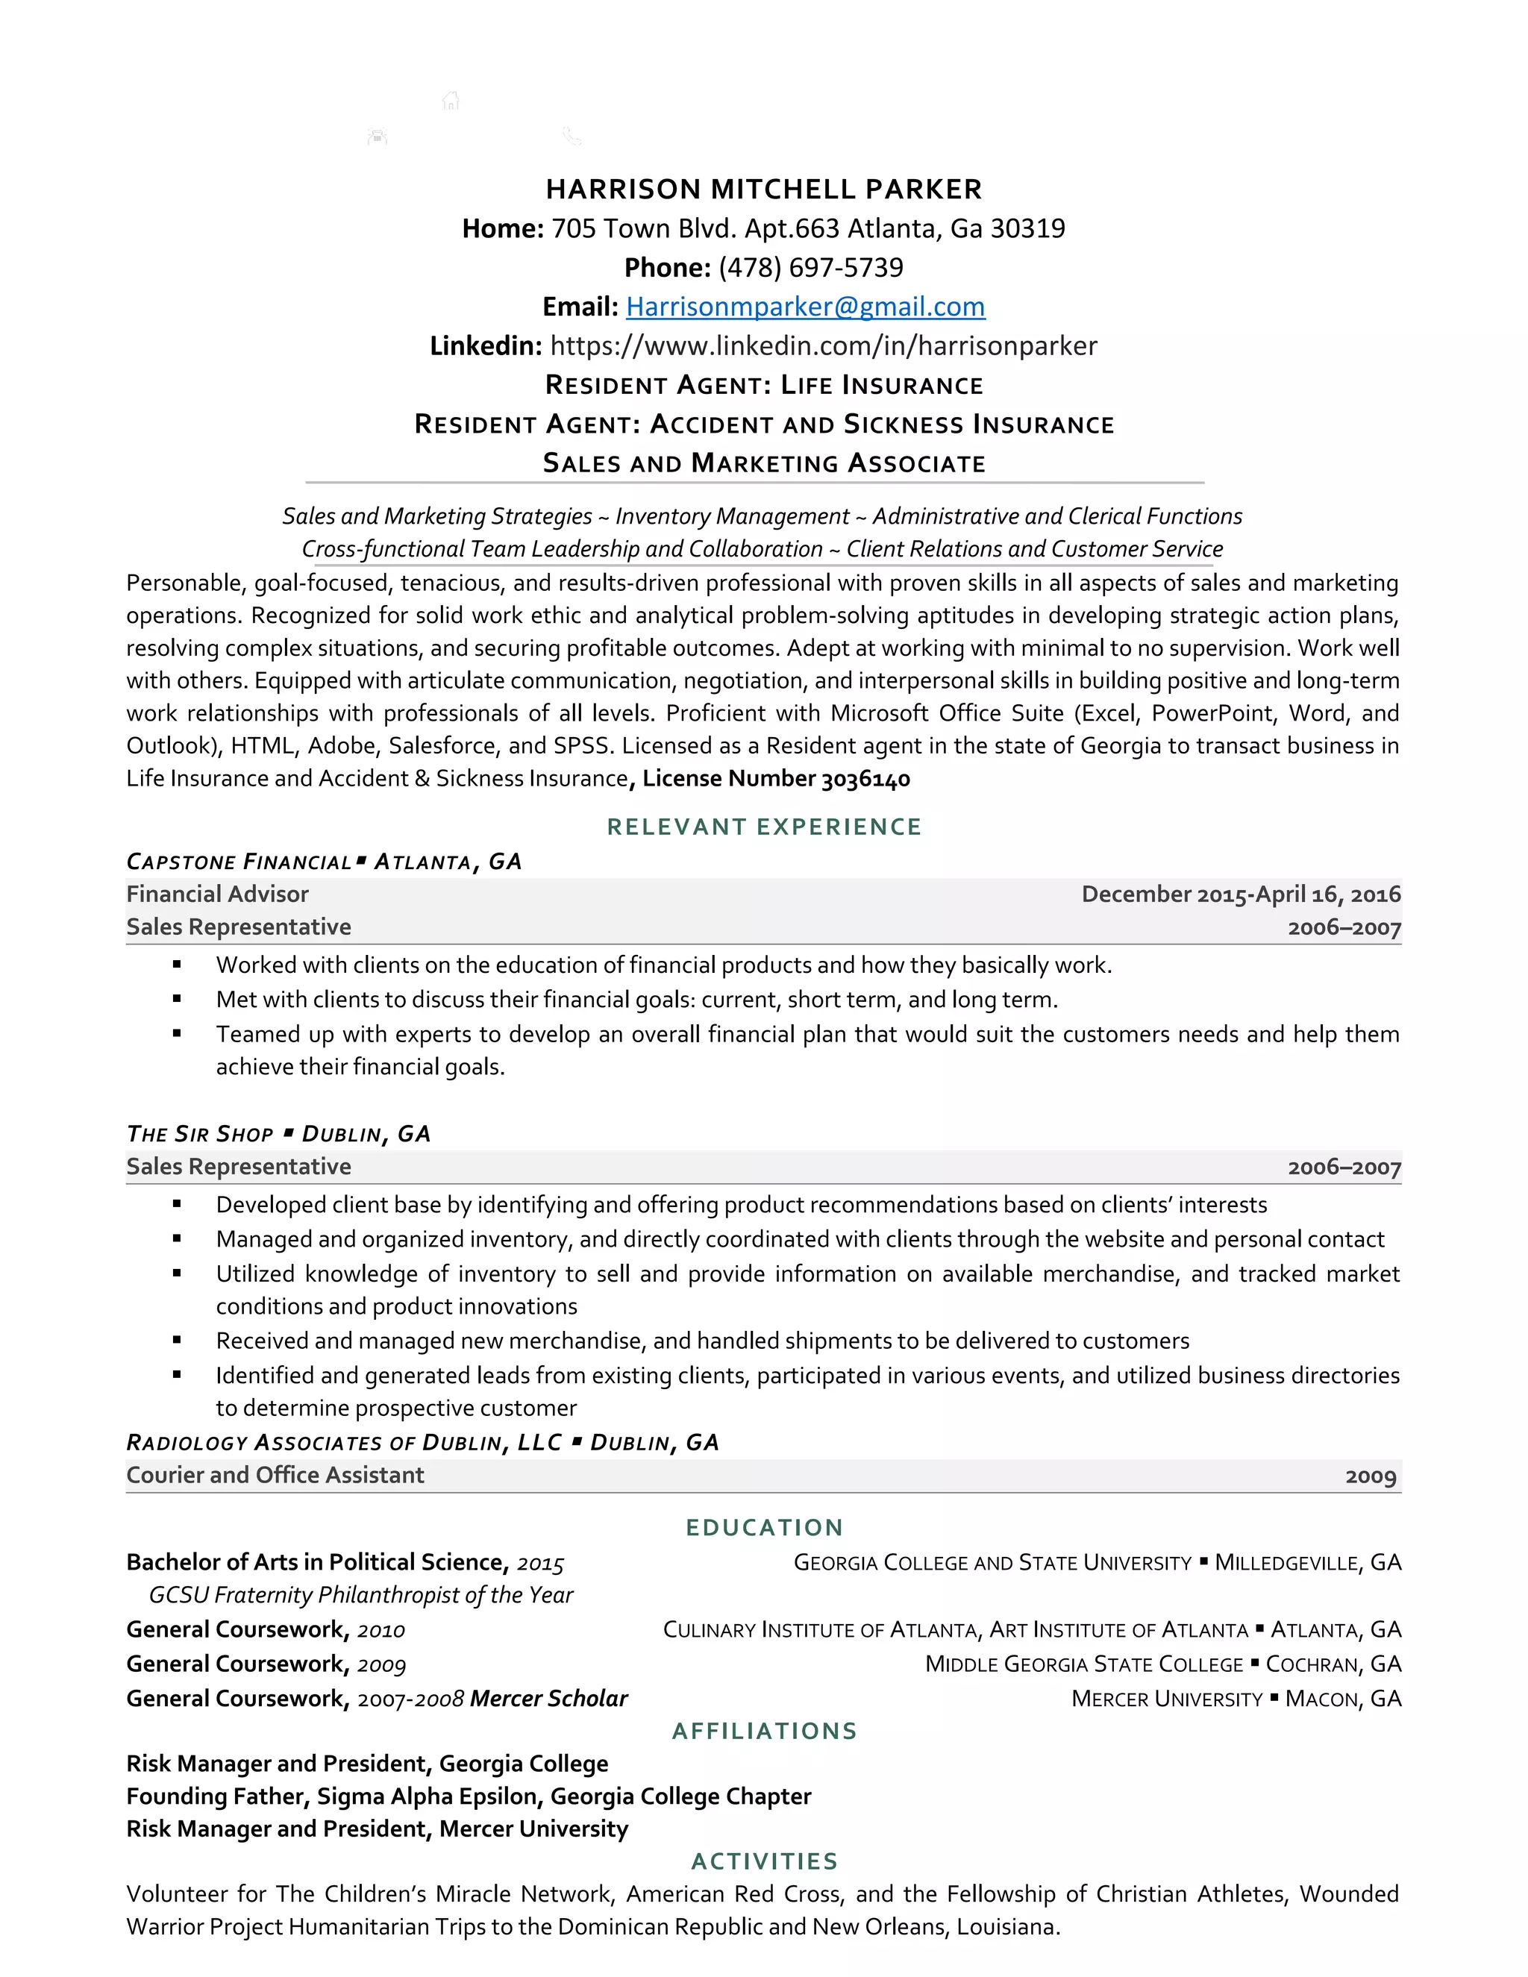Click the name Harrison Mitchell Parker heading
(x=763, y=189)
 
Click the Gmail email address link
(x=805, y=307)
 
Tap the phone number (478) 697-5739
(x=810, y=268)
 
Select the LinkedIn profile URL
(x=823, y=346)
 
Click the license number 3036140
(x=865, y=778)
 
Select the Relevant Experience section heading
(x=763, y=827)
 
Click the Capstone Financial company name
(x=239, y=862)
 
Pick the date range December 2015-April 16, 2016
(x=1240, y=894)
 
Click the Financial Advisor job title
(x=217, y=894)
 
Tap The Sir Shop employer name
(x=200, y=1134)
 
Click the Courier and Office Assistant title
(x=275, y=1476)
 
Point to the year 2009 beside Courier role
(x=1370, y=1476)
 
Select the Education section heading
(x=763, y=1528)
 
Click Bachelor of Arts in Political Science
(x=317, y=1562)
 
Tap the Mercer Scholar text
(x=548, y=1699)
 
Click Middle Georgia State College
(x=1083, y=1664)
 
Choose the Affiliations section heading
(x=763, y=1732)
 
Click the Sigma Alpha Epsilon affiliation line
(x=468, y=1797)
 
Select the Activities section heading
(x=763, y=1862)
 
